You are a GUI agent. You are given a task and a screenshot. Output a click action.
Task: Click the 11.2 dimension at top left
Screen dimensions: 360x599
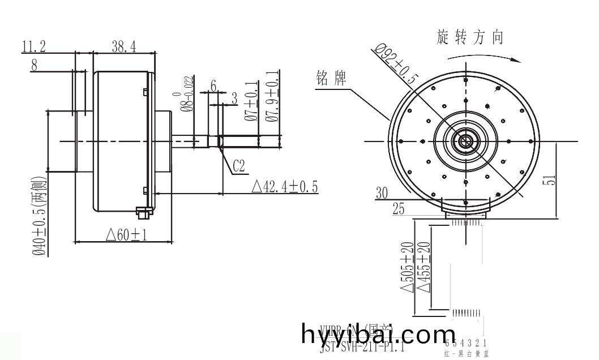tap(34, 47)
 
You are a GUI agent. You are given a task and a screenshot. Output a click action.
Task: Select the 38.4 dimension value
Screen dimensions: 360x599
tap(123, 47)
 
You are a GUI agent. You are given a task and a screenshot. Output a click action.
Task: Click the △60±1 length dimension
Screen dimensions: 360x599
tap(126, 234)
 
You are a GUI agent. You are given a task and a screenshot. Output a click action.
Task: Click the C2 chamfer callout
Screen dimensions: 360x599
tap(238, 165)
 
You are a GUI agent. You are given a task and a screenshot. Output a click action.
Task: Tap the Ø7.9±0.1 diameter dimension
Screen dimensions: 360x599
tap(271, 96)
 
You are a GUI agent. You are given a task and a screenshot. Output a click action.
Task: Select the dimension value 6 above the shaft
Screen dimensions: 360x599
tap(213, 85)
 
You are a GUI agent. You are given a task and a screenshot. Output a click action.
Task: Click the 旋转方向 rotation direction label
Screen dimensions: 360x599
tap(470, 37)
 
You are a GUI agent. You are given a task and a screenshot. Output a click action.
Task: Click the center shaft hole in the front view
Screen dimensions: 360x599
tap(465, 141)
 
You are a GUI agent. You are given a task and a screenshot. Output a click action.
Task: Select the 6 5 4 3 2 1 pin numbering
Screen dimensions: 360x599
tap(467, 344)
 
